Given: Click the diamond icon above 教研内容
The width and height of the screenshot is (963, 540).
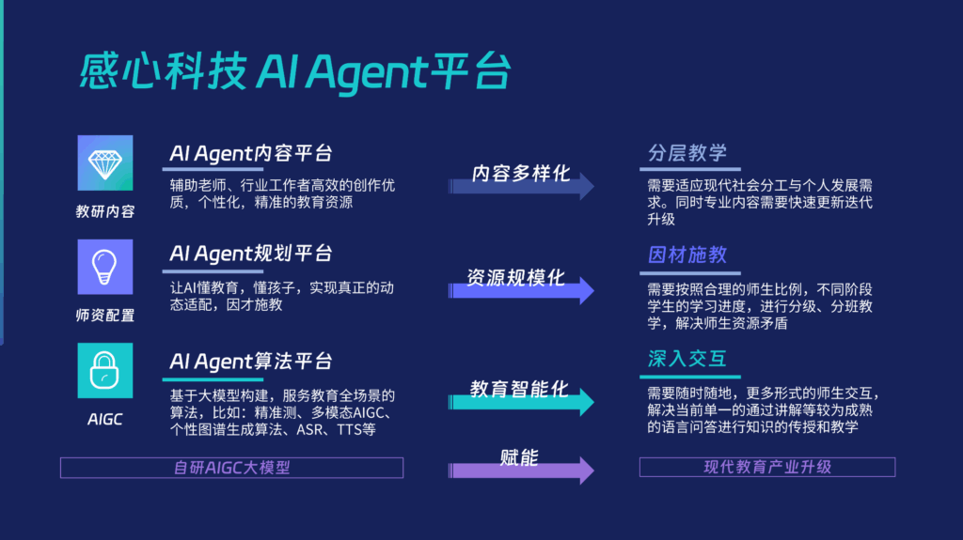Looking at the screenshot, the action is point(105,163).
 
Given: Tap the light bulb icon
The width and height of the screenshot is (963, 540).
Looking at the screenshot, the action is point(105,267).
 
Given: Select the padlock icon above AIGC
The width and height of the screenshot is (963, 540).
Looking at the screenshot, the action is point(105,371).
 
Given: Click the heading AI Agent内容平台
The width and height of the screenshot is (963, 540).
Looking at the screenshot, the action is point(250,153).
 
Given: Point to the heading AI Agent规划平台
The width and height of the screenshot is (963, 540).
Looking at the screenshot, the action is point(250,254).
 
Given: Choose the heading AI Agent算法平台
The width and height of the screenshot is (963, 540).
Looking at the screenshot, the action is point(250,362).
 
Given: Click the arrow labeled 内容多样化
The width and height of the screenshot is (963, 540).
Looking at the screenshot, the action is point(521,186).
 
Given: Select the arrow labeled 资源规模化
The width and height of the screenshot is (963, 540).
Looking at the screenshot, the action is point(521,290).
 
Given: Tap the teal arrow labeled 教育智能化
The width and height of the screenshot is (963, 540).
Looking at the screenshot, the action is point(521,402).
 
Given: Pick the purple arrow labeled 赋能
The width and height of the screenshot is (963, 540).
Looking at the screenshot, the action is point(521,471).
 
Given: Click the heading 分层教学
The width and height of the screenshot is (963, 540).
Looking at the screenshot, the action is point(687,153).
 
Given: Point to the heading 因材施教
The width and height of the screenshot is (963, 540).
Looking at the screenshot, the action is point(687,255).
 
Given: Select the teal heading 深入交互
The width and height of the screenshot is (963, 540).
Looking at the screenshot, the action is point(687,359).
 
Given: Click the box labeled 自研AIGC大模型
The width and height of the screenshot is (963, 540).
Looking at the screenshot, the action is point(231,468).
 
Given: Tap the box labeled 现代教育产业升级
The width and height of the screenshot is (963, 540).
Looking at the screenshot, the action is point(767,467).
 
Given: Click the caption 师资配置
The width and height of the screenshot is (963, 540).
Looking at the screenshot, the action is point(105,316).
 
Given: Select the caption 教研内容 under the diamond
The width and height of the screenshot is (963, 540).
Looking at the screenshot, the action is point(105,211).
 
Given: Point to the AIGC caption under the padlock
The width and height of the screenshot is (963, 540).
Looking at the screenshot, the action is point(105,419).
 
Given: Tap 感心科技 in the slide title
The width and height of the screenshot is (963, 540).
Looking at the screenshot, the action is point(164,71).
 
